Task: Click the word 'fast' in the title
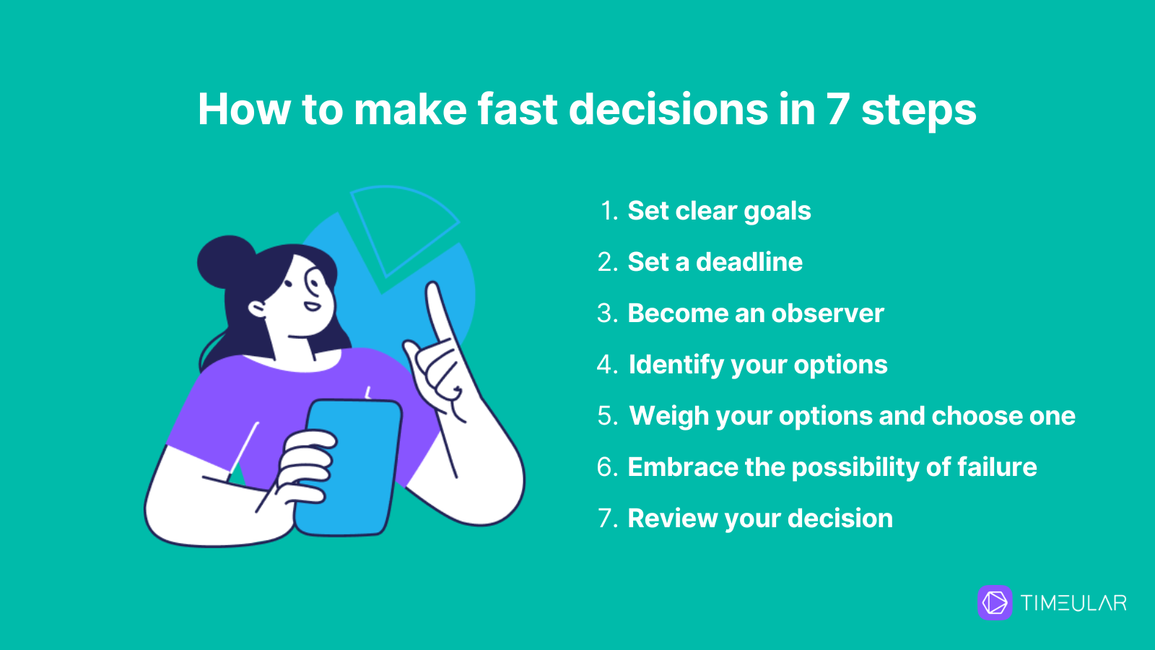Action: click(x=517, y=109)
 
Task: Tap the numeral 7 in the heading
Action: click(x=838, y=109)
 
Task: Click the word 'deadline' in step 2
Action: click(x=749, y=261)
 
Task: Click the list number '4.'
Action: click(x=607, y=364)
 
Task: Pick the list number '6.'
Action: click(x=607, y=467)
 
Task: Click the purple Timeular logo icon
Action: click(x=995, y=602)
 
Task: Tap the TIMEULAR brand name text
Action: click(x=1073, y=603)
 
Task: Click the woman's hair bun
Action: click(x=226, y=262)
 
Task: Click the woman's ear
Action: click(x=257, y=309)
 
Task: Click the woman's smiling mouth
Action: click(x=311, y=306)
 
